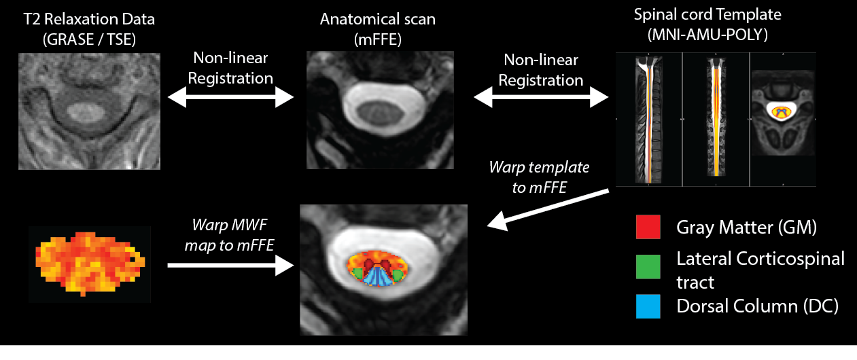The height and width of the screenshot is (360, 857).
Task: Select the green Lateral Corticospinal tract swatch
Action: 648,267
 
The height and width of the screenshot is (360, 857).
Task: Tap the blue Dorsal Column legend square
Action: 648,306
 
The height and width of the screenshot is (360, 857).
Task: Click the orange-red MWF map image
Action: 89,262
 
